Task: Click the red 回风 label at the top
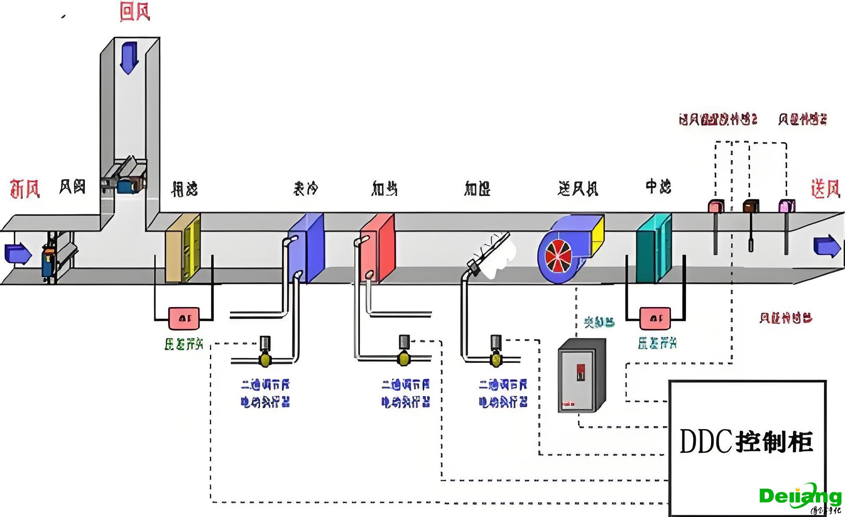[135, 11]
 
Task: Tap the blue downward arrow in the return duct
[129, 58]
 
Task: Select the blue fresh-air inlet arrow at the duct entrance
[18, 253]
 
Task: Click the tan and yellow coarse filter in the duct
[183, 247]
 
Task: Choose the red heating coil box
[378, 247]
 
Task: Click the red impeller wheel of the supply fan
[559, 256]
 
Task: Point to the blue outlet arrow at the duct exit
[826, 246]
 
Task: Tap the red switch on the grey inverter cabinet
[581, 372]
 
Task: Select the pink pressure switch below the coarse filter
[184, 318]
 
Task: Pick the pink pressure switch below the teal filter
[655, 318]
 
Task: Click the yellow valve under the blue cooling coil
[265, 360]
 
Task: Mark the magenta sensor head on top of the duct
[787, 206]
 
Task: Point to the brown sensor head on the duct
[751, 206]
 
